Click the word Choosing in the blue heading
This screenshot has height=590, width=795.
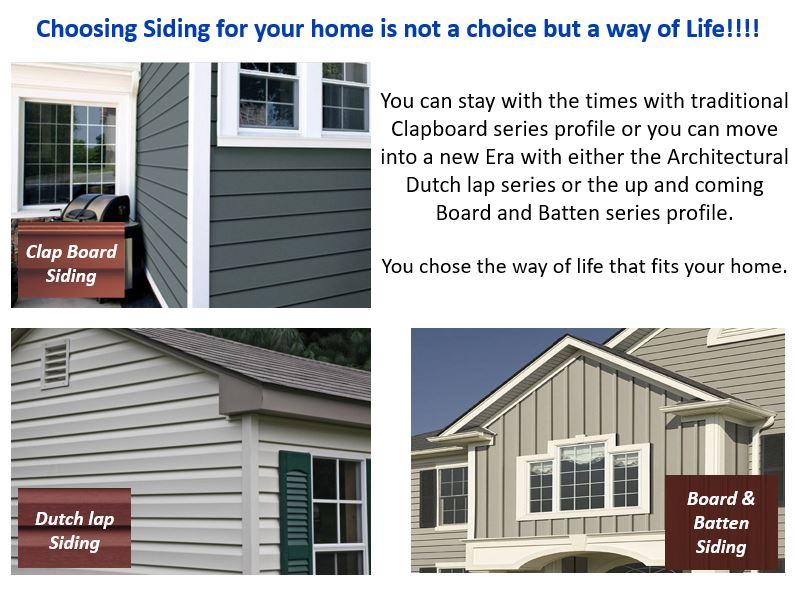tap(86, 29)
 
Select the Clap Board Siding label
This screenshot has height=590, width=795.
tap(71, 263)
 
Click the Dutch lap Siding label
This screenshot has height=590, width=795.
tap(75, 530)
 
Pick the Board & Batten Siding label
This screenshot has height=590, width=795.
tap(720, 522)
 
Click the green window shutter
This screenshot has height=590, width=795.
tap(295, 512)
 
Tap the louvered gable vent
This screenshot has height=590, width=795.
tap(55, 363)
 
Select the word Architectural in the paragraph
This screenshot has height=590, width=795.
tap(728, 157)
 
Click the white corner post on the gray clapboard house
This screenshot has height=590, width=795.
tap(199, 185)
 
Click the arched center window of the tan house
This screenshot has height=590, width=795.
tap(582, 477)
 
